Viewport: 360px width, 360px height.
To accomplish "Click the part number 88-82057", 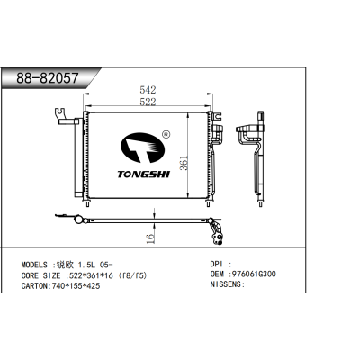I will point(47,78).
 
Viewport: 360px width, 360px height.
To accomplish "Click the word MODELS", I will point(37,265).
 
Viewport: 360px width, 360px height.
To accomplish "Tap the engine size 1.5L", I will point(88,265).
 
